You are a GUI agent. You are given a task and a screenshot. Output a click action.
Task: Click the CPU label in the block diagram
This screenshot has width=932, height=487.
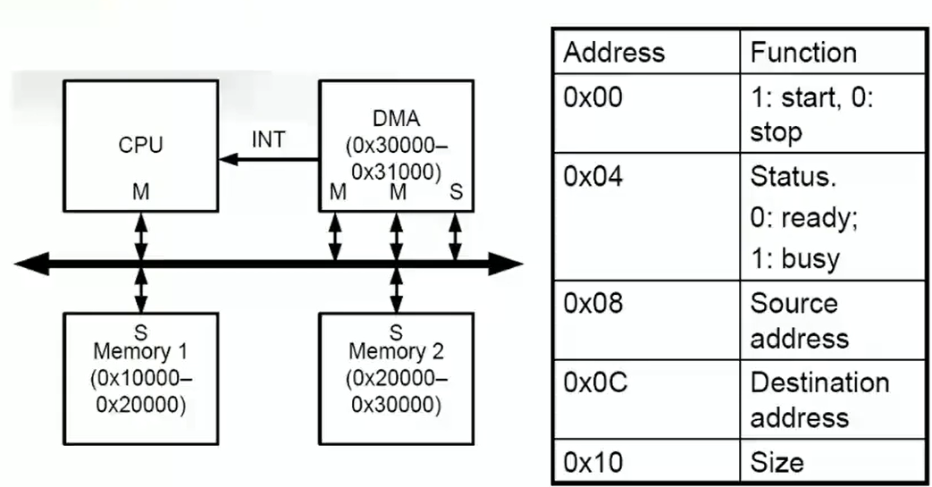coord(140,145)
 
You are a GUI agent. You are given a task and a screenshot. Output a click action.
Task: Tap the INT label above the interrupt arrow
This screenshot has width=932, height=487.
coord(269,139)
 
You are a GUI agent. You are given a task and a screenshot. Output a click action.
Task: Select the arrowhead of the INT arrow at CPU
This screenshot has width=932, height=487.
coord(229,159)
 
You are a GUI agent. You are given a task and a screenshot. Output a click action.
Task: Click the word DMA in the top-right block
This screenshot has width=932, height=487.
coord(397,118)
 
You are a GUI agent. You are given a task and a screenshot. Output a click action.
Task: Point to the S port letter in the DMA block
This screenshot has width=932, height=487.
coord(456,191)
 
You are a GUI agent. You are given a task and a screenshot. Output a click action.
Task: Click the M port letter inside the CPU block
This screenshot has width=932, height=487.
coord(141,191)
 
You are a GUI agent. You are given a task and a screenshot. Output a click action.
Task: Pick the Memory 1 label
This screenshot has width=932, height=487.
coord(140,351)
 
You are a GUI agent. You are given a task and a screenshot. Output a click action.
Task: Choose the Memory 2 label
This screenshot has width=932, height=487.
coord(396,351)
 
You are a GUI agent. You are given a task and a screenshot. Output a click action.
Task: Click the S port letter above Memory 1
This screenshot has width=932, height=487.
coord(141,332)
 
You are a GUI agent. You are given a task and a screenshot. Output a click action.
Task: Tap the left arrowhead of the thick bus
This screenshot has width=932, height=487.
coord(31,264)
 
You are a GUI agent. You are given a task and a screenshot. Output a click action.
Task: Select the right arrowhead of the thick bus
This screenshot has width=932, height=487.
coord(506,264)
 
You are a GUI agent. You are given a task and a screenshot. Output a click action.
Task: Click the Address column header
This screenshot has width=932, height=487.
coord(614,53)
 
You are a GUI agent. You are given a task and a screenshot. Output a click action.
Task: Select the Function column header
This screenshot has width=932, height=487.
coord(803,53)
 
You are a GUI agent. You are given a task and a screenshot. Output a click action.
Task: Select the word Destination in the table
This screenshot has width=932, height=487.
coord(819,382)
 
